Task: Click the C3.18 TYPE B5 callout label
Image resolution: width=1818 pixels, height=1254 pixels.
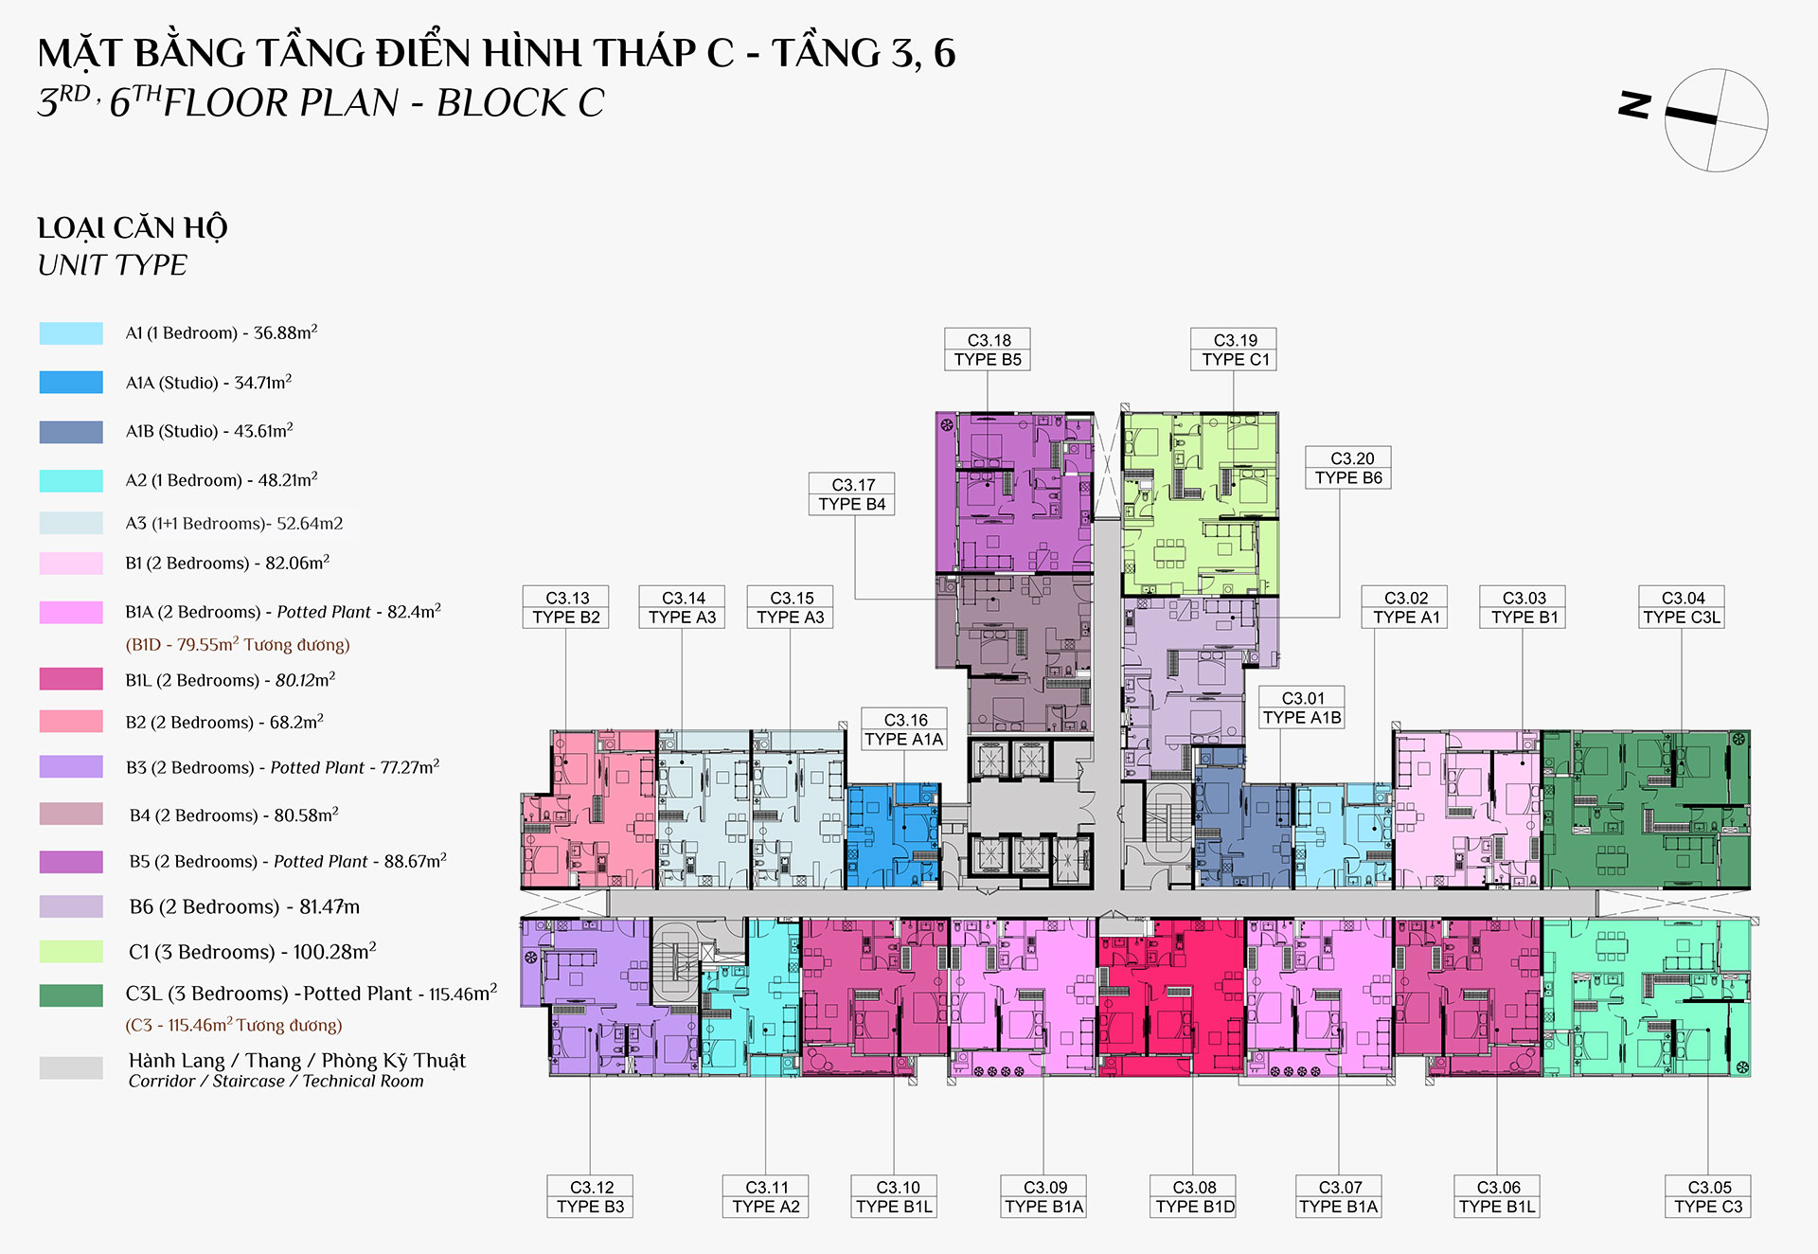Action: tap(988, 349)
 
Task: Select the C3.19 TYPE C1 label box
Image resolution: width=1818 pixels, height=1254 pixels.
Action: tap(1234, 349)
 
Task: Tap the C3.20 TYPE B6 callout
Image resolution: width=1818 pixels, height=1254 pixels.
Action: tap(1348, 468)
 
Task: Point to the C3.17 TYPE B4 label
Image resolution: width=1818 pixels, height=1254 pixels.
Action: tap(852, 493)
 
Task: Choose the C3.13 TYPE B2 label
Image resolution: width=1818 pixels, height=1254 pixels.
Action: tap(566, 607)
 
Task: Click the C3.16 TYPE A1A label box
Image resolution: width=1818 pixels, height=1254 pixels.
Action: tap(904, 729)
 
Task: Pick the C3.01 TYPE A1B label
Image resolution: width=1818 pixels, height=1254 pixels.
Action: tap(1302, 708)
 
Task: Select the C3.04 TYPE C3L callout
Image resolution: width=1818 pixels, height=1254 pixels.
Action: tap(1682, 607)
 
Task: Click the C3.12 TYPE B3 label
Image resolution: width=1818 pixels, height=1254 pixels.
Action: tap(591, 1196)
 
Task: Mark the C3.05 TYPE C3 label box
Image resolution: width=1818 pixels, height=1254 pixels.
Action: tap(1708, 1196)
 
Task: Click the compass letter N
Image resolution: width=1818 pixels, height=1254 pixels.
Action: tap(1635, 104)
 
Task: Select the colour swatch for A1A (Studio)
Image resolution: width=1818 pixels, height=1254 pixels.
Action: tap(71, 382)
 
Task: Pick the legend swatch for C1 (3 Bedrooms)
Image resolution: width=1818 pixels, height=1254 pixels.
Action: tap(71, 951)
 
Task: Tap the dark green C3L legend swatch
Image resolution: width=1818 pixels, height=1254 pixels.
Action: tap(71, 994)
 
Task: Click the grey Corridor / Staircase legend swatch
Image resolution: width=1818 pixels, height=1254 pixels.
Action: tap(71, 1068)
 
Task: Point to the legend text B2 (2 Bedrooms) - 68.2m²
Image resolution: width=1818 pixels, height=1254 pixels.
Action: tap(224, 722)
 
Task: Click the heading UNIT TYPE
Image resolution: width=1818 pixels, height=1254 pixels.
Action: tap(113, 265)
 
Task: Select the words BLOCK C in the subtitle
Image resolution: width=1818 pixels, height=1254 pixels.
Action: tap(520, 102)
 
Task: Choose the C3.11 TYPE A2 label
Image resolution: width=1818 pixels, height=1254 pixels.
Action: tap(765, 1196)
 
